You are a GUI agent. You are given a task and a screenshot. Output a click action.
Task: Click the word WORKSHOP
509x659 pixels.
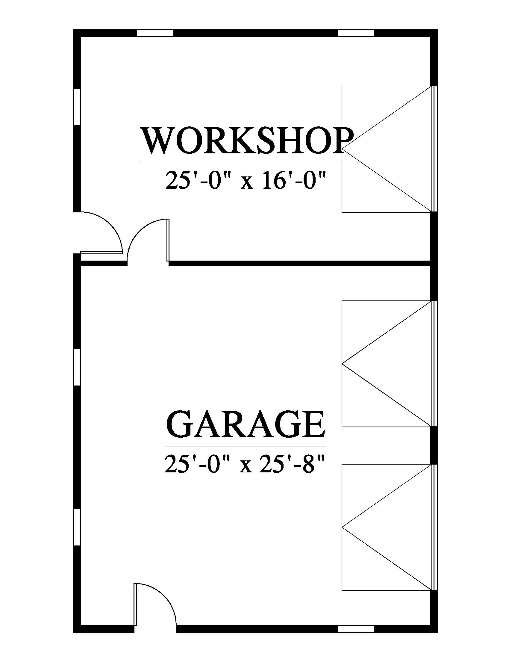(247, 140)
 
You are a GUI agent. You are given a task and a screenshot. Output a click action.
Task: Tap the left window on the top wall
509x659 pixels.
(155, 33)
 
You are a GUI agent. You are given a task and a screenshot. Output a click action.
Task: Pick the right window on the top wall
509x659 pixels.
(355, 33)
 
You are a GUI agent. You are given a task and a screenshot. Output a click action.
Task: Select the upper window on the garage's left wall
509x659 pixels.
(77, 368)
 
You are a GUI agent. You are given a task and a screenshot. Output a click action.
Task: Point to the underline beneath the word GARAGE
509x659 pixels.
(246, 446)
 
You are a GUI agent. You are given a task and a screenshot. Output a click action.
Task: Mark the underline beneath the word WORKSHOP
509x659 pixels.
(247, 163)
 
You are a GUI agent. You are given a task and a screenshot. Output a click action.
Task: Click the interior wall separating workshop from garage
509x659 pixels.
(299, 263)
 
